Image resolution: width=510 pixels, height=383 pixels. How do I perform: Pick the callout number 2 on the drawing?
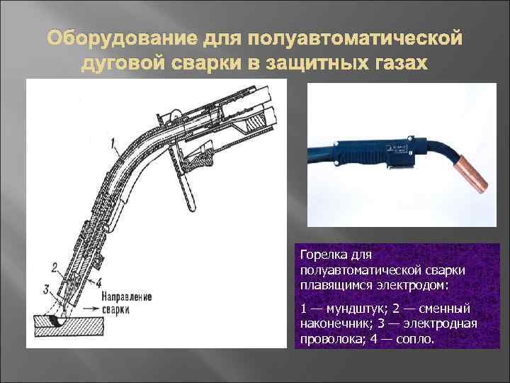pos(55,267)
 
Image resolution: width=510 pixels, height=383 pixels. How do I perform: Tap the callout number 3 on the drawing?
pos(46,289)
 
